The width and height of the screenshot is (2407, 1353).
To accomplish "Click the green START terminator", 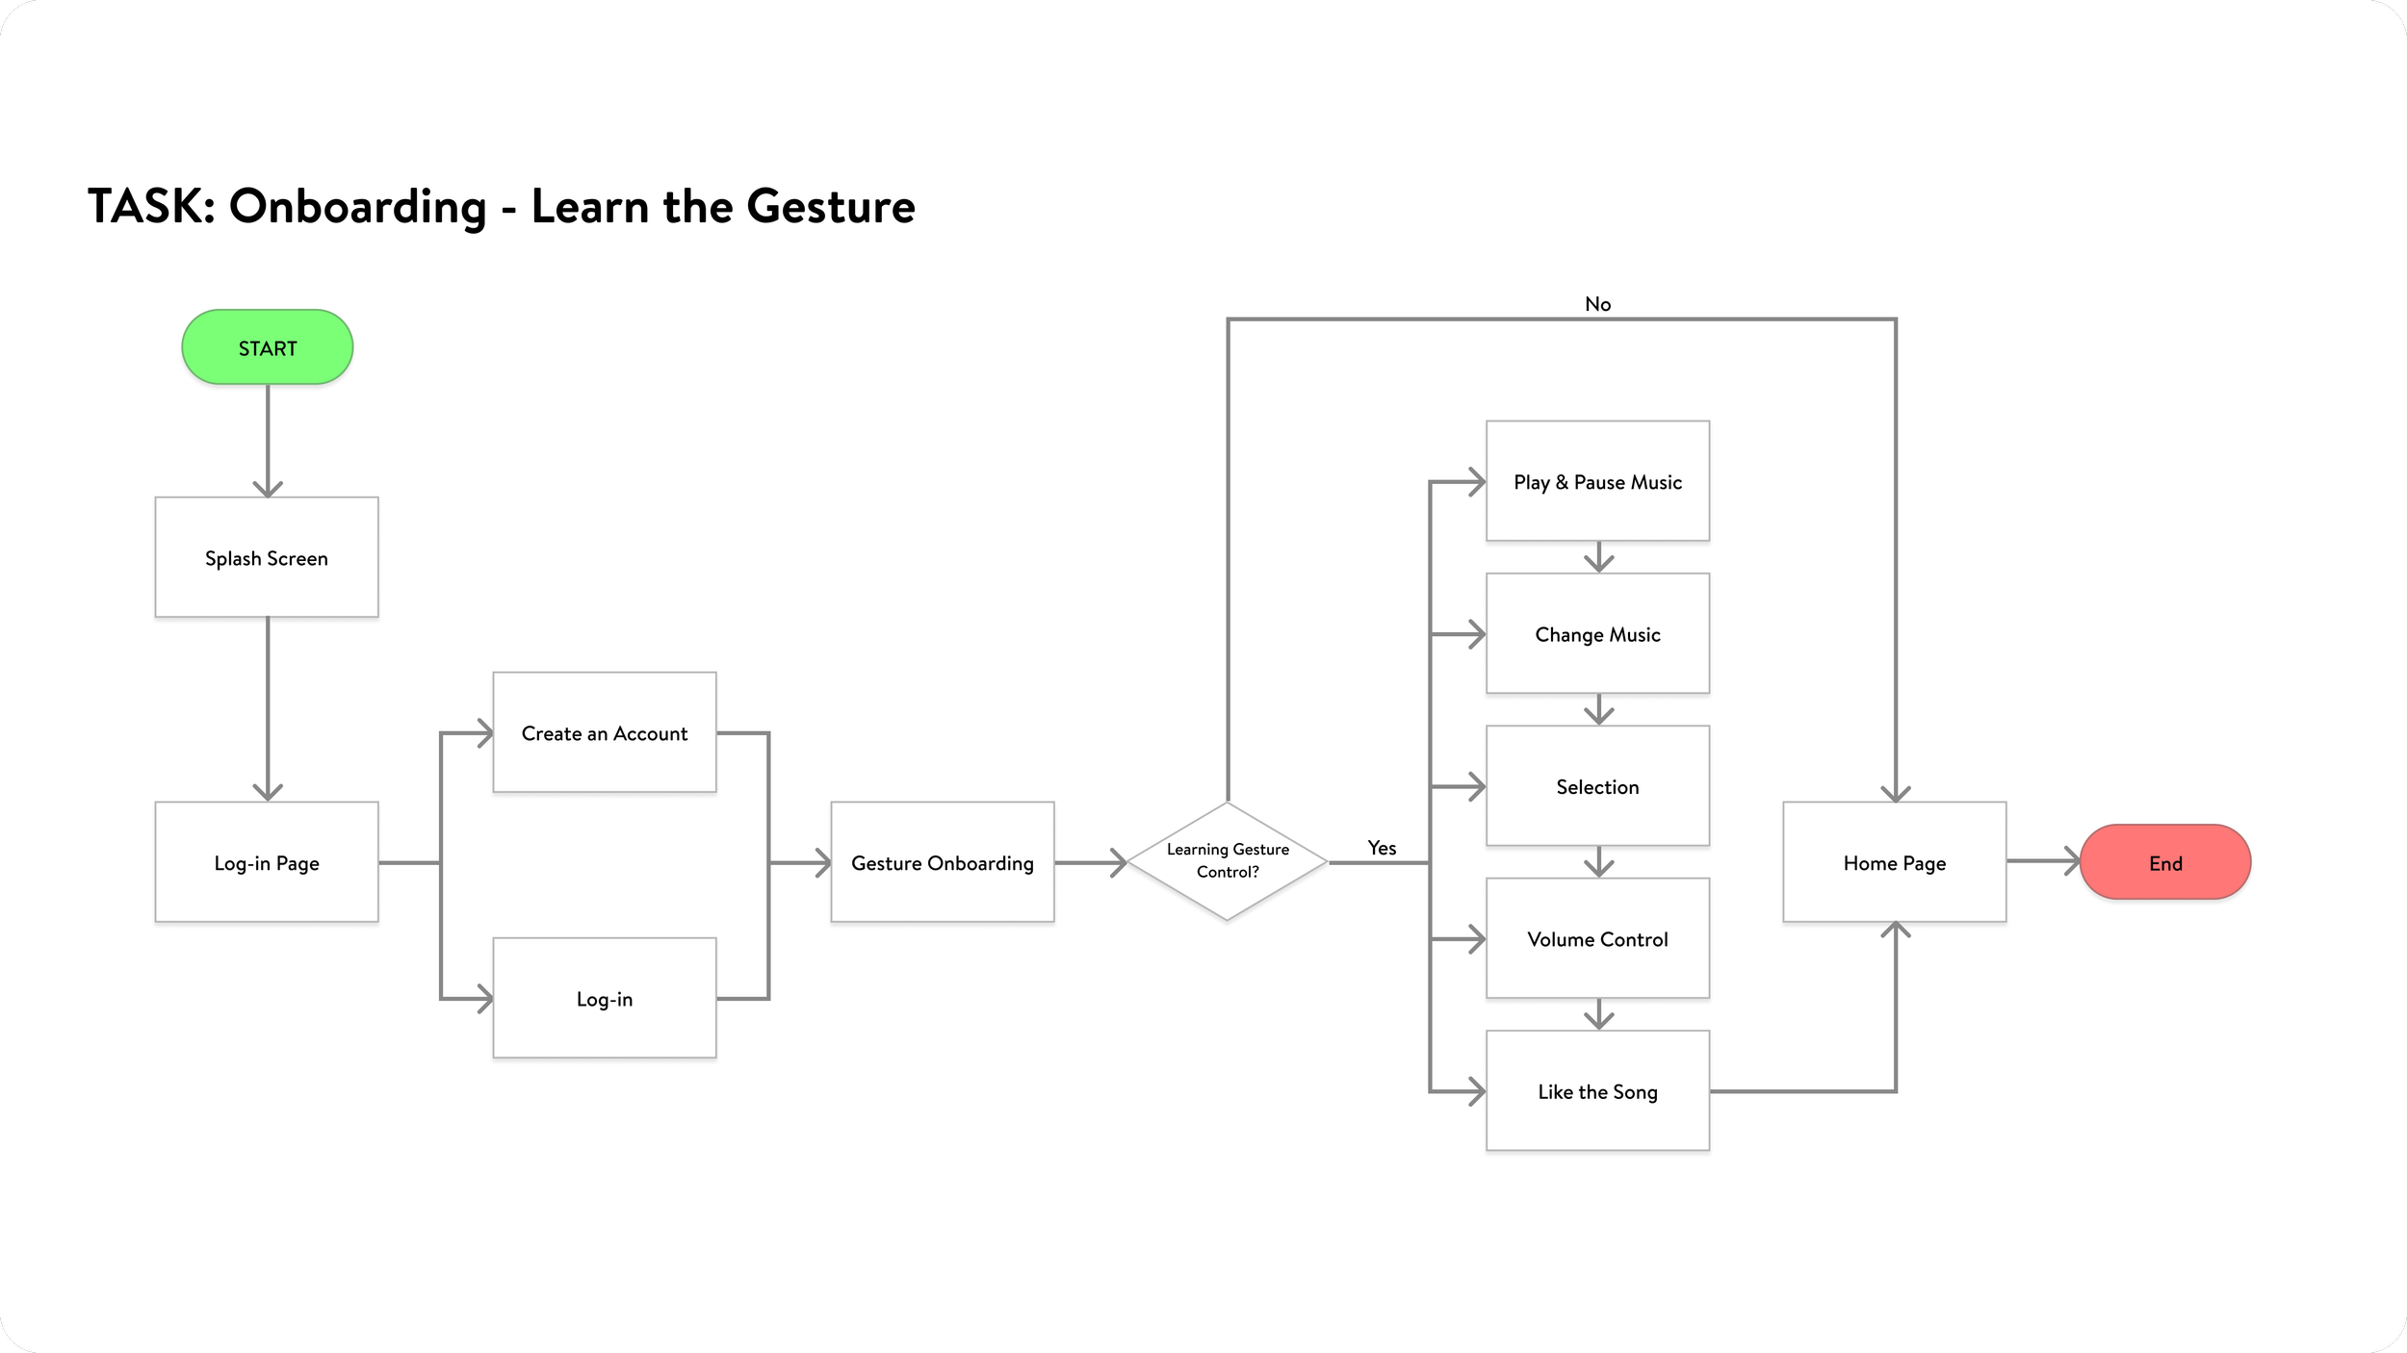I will [267, 347].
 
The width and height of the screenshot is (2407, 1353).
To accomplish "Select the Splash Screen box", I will [267, 557].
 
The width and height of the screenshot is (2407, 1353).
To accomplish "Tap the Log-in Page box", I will [267, 862].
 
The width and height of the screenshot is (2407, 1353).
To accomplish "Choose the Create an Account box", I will [604, 732].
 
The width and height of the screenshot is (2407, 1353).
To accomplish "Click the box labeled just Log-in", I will [604, 998].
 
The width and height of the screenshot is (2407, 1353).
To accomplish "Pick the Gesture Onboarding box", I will [942, 862].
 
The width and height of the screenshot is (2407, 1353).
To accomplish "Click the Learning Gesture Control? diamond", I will [1227, 861].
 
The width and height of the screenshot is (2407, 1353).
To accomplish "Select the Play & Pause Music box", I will [1597, 481].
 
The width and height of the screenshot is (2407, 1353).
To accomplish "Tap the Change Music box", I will [1597, 633].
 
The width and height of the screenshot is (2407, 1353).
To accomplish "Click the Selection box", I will [1597, 786].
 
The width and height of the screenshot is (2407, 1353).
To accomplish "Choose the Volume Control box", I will [1597, 938].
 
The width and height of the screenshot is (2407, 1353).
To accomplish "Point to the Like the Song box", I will [1597, 1090].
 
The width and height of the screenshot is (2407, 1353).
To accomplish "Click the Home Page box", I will [1894, 862].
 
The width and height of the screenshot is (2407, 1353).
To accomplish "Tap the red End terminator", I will [2164, 862].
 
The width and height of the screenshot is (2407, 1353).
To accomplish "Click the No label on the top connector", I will [1597, 304].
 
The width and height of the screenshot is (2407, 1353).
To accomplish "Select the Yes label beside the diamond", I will [1382, 848].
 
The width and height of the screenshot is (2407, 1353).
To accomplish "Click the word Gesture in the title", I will [830, 207].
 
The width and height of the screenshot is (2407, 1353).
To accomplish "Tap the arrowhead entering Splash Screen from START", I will [268, 489].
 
